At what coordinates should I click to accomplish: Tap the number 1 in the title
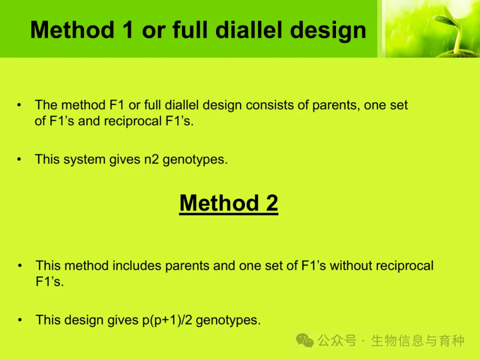[x=128, y=30]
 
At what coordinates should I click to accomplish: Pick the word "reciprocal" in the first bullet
[x=132, y=121]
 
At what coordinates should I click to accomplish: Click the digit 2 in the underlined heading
[x=272, y=203]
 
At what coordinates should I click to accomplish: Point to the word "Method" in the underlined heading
[x=219, y=203]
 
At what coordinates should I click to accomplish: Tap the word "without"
[x=351, y=266]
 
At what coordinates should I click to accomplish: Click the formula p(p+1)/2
[x=167, y=320]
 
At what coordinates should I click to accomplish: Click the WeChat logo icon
[x=304, y=340]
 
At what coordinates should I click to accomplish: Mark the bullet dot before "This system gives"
[x=19, y=160]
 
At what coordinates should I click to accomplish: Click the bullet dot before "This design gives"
[x=20, y=320]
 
